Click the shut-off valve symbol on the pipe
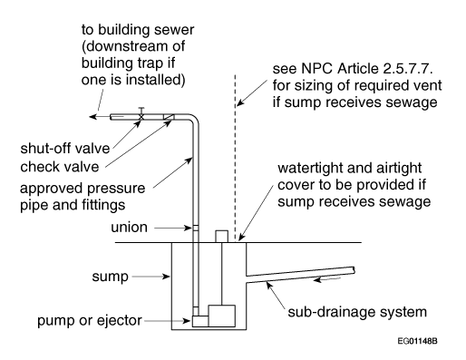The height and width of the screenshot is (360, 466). pyautogui.click(x=141, y=115)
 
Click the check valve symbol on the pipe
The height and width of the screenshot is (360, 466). pyautogui.click(x=169, y=117)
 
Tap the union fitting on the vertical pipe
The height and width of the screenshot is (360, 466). pyautogui.click(x=196, y=229)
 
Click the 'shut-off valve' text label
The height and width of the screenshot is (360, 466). pyautogui.click(x=65, y=149)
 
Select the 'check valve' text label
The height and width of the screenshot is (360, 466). pyautogui.click(x=60, y=167)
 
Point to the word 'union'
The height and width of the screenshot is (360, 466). pyautogui.click(x=129, y=228)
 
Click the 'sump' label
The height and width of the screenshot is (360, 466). pyautogui.click(x=111, y=277)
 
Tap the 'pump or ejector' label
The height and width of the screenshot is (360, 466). pyautogui.click(x=90, y=321)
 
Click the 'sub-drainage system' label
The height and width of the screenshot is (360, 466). pyautogui.click(x=357, y=312)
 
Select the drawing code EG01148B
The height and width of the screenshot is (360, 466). pyautogui.click(x=417, y=341)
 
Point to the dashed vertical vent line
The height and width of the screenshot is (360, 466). pyautogui.click(x=235, y=158)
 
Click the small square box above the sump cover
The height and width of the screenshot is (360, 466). pyautogui.click(x=221, y=237)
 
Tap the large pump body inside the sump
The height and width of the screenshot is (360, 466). pyautogui.click(x=221, y=316)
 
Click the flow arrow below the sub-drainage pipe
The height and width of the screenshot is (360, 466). pyautogui.click(x=327, y=279)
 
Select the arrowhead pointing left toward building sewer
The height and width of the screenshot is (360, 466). pyautogui.click(x=92, y=117)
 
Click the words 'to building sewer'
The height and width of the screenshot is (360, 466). pyautogui.click(x=138, y=30)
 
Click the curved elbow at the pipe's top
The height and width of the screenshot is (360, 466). pyautogui.click(x=193, y=119)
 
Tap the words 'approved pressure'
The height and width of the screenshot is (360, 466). pyautogui.click(x=83, y=189)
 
